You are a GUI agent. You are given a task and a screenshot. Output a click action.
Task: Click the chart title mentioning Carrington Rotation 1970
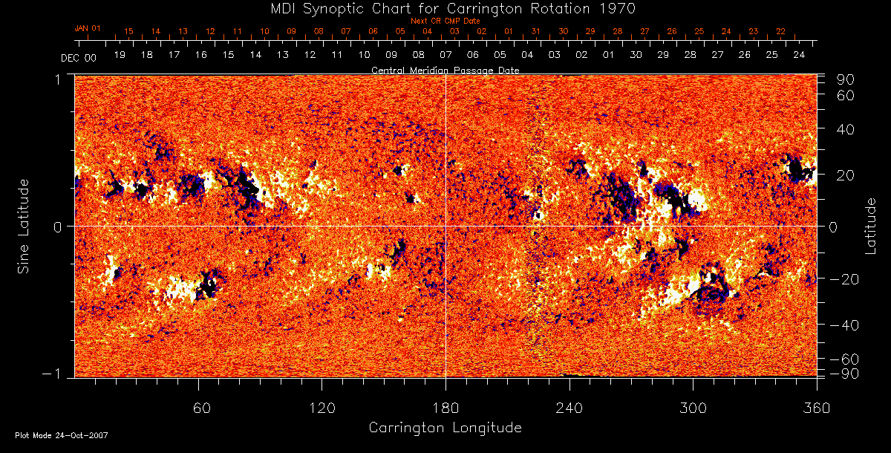[x=445, y=8]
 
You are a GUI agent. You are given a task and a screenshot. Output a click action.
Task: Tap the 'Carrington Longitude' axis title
[x=445, y=428]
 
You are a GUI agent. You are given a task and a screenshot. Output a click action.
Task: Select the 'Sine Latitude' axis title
[x=24, y=226]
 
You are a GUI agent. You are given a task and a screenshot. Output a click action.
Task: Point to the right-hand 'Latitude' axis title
[x=871, y=226]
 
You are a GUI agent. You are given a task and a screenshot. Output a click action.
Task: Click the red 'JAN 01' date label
[x=88, y=28]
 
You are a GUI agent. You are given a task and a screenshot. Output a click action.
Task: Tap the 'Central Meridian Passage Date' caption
[x=445, y=70]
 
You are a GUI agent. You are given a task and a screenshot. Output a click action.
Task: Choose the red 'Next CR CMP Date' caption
[x=445, y=21]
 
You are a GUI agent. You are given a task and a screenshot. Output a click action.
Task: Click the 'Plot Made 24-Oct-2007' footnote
[x=62, y=435]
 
